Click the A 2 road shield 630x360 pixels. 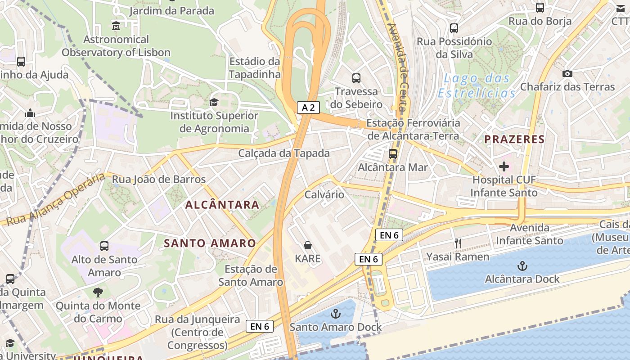click(x=308, y=108)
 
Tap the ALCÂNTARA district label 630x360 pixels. click(x=222, y=205)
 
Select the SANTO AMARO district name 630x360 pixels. click(x=210, y=243)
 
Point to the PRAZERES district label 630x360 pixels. click(x=514, y=139)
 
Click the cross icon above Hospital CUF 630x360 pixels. click(x=504, y=167)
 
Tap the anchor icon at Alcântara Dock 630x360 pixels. click(x=522, y=266)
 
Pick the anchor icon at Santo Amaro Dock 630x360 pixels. click(x=335, y=314)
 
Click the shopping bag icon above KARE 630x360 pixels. click(x=308, y=245)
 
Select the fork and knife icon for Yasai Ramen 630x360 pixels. click(x=458, y=243)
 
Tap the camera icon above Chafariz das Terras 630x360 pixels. click(x=567, y=73)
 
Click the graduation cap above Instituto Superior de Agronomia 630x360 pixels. click(x=214, y=102)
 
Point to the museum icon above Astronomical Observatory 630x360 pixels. click(x=116, y=26)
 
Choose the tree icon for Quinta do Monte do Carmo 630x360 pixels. click(x=98, y=292)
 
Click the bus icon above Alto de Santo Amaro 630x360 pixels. click(x=104, y=246)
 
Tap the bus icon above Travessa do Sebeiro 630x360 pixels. click(x=356, y=78)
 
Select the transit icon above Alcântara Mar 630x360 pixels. click(x=393, y=154)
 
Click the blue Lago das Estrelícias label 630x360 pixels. click(x=477, y=85)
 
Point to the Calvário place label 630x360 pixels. click(x=324, y=194)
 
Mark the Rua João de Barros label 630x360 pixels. click(x=158, y=179)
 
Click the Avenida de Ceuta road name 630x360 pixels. click(x=399, y=67)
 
